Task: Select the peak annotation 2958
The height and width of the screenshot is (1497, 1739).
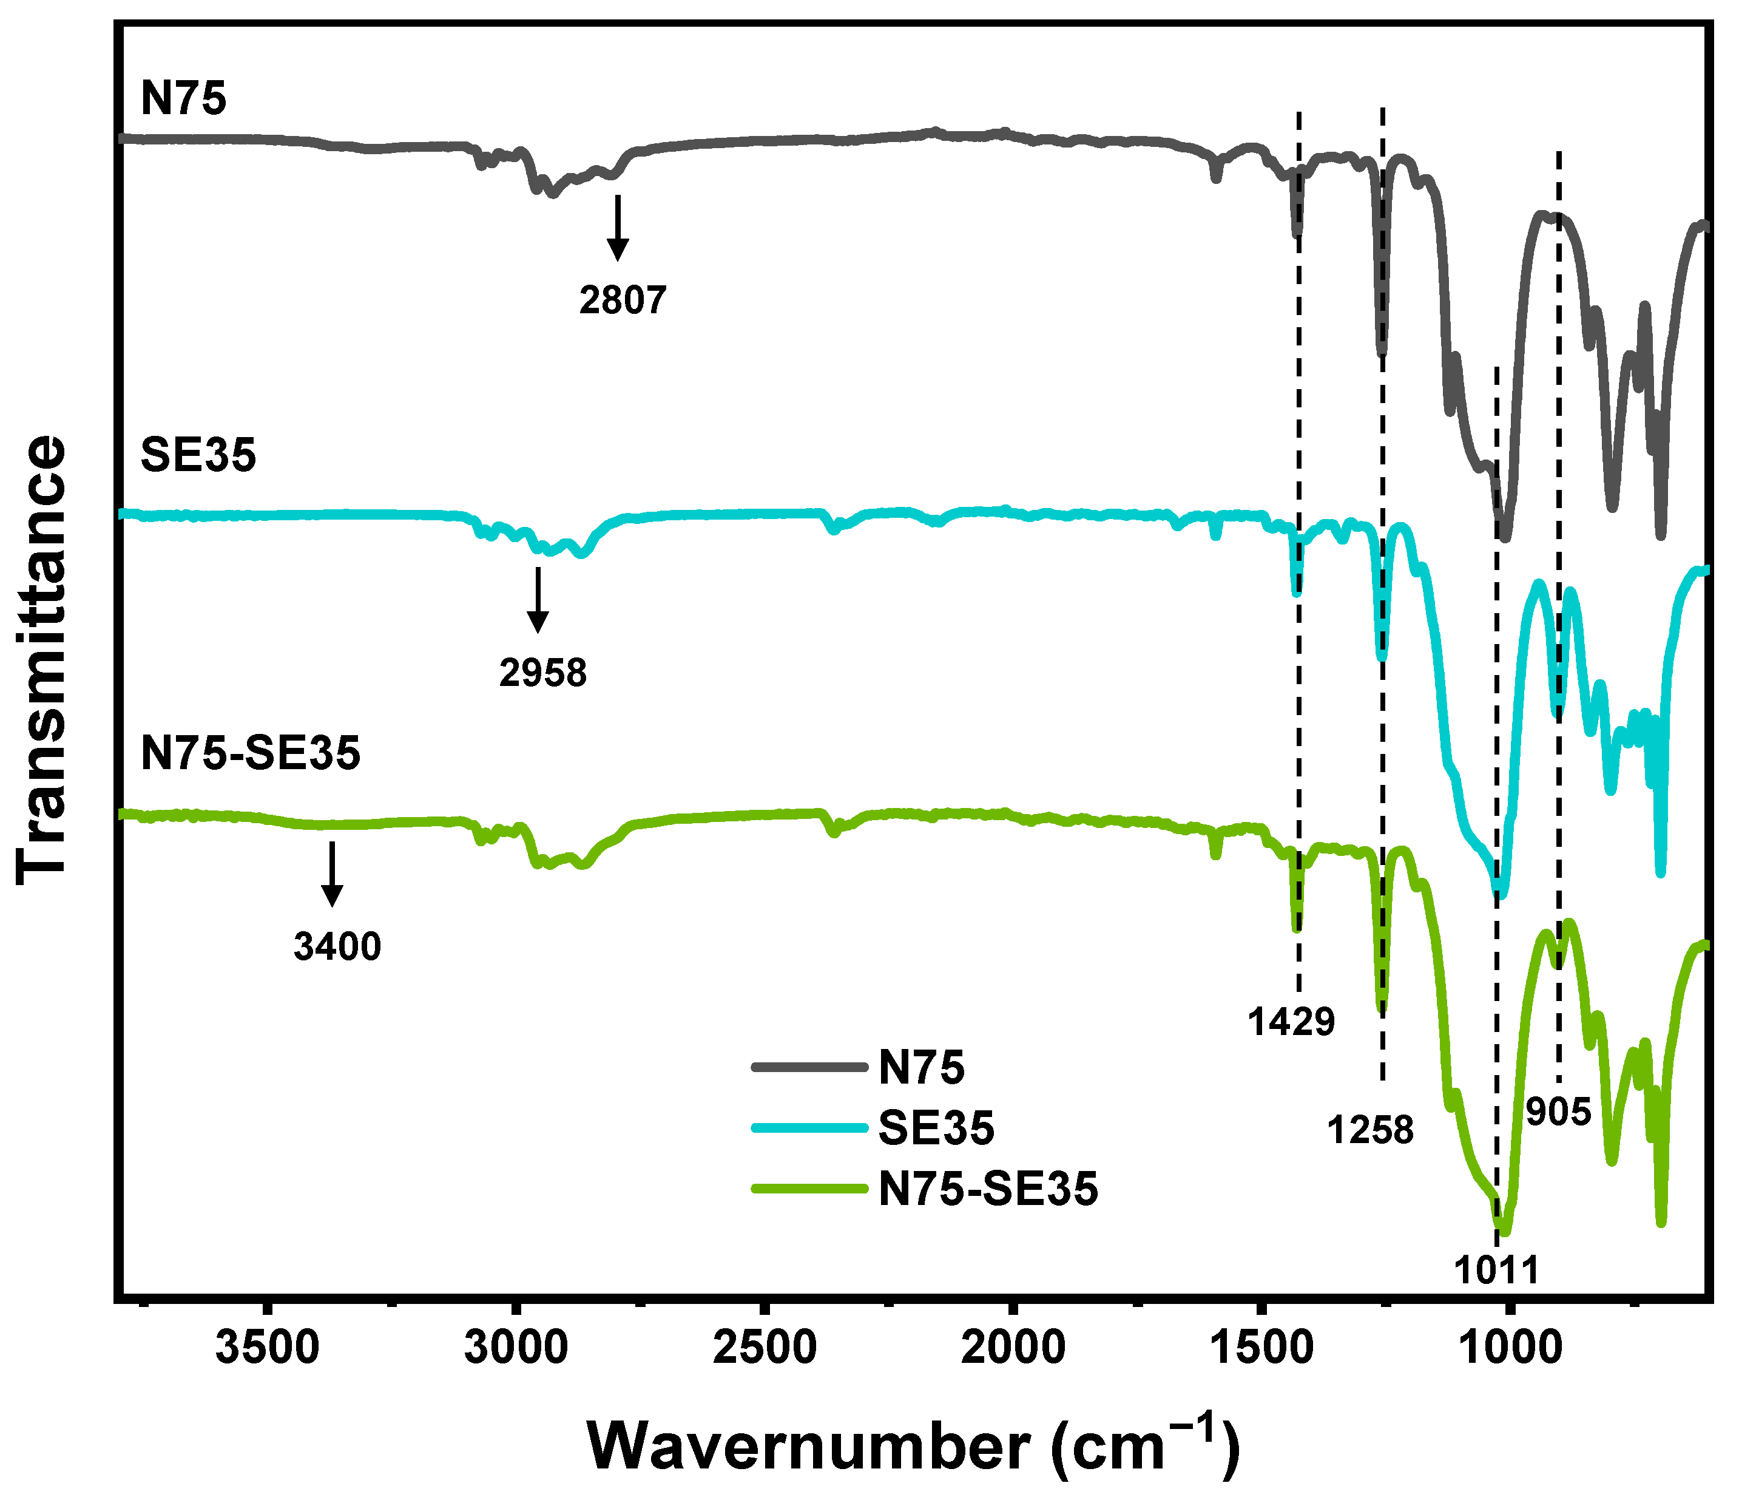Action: pyautogui.click(x=543, y=673)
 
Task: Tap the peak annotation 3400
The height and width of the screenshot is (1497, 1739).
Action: pyautogui.click(x=337, y=946)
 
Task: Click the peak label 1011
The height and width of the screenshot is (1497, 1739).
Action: pyautogui.click(x=1496, y=1271)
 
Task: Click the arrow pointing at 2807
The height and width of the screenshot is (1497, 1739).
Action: pyautogui.click(x=618, y=226)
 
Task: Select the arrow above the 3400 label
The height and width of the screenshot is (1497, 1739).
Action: pyautogui.click(x=333, y=873)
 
